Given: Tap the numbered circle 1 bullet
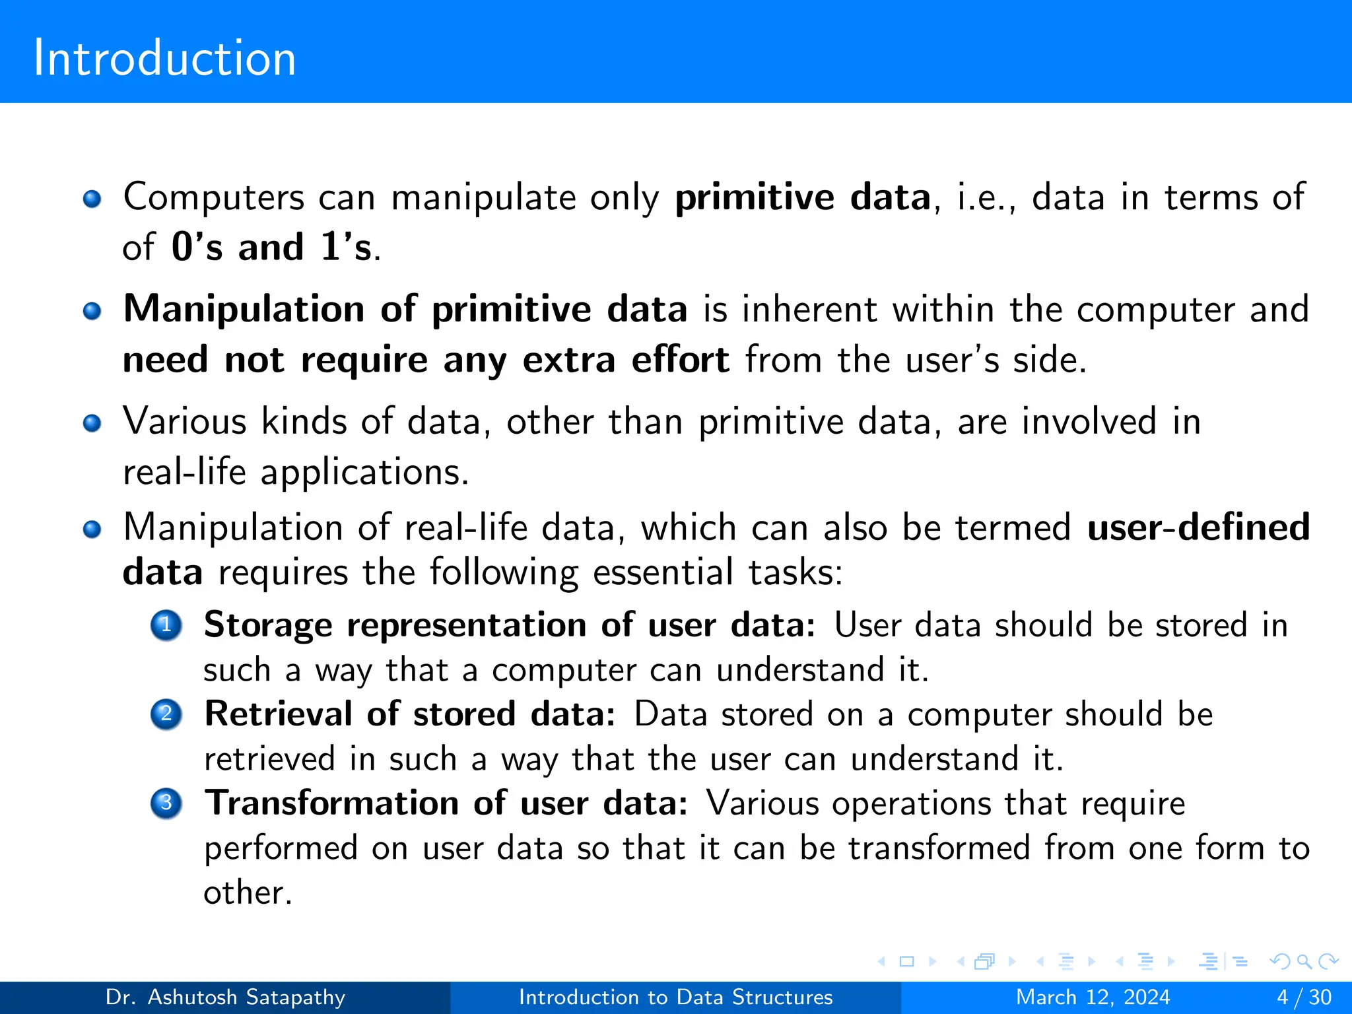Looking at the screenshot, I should point(166,625).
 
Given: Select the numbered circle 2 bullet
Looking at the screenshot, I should point(166,714).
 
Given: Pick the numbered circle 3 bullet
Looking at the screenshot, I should point(166,803).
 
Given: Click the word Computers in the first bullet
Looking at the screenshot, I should point(214,197).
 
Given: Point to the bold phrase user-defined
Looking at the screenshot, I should point(1198,527).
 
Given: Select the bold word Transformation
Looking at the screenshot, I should point(331,803).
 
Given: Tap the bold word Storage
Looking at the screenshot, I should point(268,625).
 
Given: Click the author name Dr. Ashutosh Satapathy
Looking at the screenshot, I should point(225,997).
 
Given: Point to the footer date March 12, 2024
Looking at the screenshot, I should point(1093,997).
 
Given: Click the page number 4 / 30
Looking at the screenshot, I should point(1304,997).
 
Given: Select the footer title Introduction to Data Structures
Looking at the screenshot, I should point(675,997).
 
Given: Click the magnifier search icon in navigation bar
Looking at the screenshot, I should point(1304,962).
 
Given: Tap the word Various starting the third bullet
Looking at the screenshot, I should point(185,421).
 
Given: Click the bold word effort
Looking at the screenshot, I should point(680,360).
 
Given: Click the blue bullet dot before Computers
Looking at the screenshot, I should point(92,199).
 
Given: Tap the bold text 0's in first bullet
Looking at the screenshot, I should point(197,248).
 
